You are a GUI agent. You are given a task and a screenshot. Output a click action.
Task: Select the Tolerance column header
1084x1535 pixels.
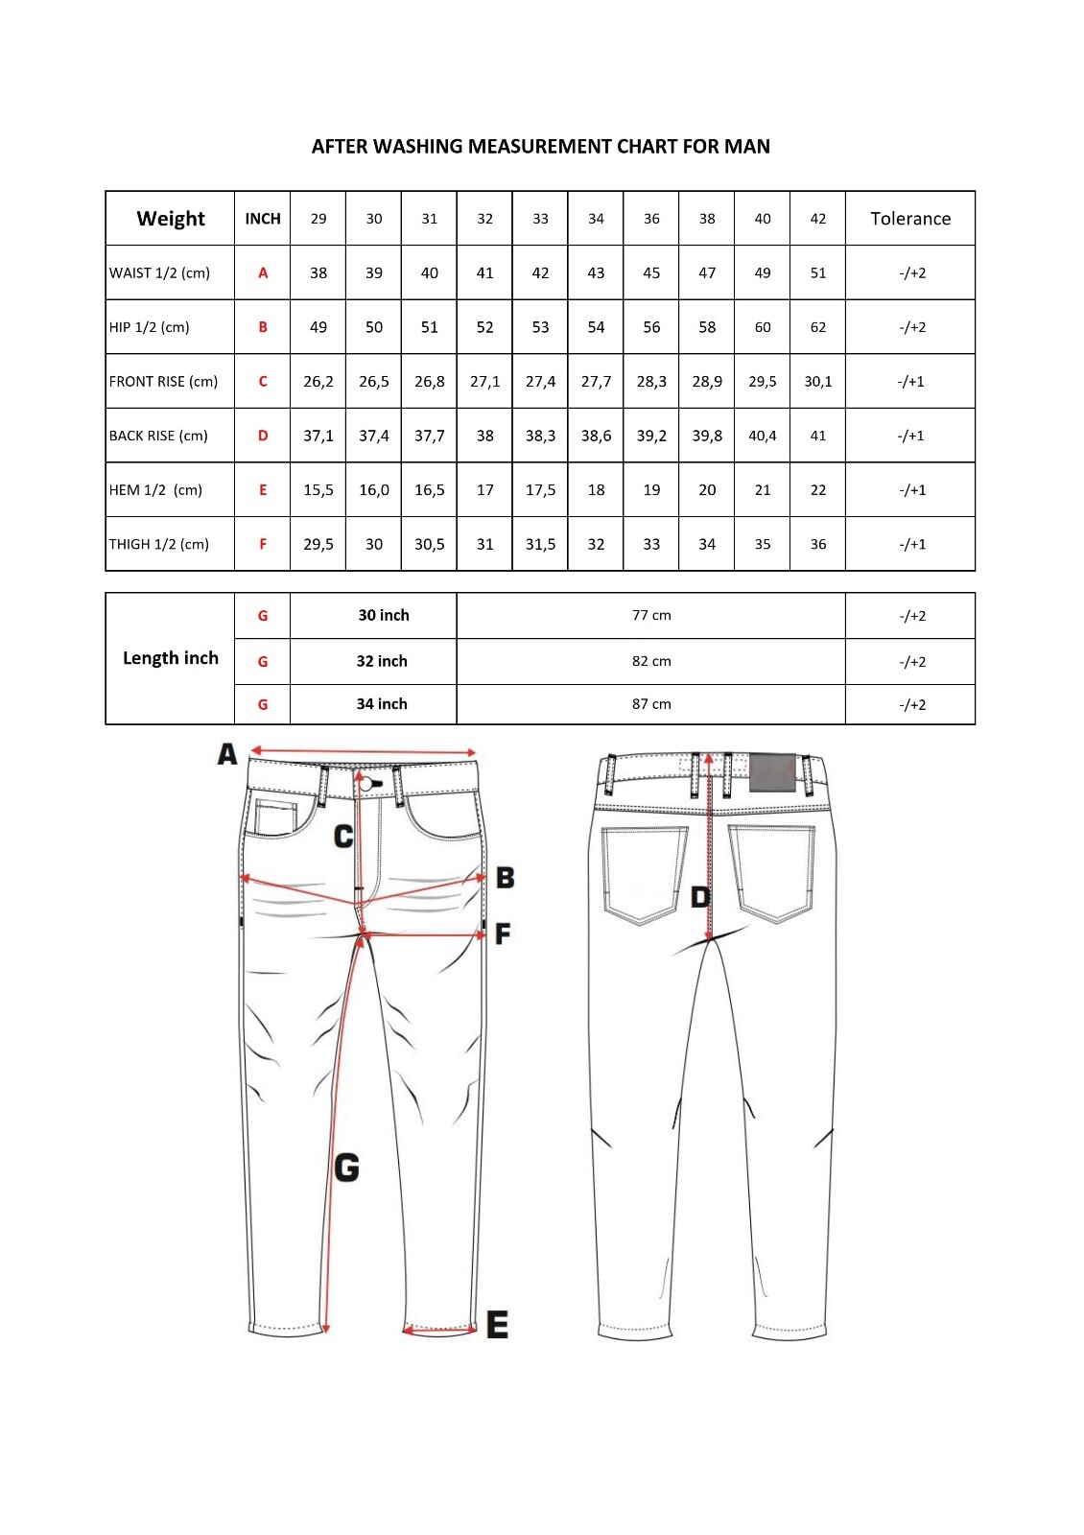point(910,219)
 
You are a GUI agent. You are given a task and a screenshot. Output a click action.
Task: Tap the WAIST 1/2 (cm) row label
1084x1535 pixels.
point(159,273)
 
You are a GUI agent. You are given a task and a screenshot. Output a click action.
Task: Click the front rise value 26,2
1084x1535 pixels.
point(318,382)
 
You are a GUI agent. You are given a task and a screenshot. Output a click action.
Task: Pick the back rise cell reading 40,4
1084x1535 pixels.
point(763,436)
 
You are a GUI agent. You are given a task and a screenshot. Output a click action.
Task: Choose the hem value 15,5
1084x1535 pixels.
point(318,490)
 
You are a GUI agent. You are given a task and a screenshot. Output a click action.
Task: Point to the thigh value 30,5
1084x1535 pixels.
point(430,544)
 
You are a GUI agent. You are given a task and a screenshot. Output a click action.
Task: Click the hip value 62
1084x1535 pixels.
point(818,327)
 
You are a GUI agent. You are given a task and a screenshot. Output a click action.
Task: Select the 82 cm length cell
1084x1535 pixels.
point(651,661)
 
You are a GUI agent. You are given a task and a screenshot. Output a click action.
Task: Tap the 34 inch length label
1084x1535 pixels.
point(382,704)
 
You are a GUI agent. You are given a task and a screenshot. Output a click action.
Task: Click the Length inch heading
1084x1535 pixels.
point(171,658)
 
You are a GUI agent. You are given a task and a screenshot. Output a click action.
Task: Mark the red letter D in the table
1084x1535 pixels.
point(263,436)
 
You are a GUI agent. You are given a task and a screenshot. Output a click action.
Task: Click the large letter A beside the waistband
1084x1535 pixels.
point(227,754)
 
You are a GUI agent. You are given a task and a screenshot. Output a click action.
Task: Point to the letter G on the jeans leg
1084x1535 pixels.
point(346,1168)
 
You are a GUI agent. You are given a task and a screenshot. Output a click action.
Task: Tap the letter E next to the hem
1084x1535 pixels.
point(497,1325)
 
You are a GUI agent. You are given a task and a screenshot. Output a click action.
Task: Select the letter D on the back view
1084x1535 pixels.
point(700,897)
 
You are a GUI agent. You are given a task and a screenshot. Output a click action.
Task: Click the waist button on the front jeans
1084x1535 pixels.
point(365,785)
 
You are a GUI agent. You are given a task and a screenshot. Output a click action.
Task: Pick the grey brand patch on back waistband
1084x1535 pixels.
point(772,771)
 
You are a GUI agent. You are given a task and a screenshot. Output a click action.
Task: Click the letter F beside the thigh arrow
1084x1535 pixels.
point(503,933)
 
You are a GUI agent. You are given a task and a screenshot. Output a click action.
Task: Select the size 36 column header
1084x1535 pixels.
point(651,219)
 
